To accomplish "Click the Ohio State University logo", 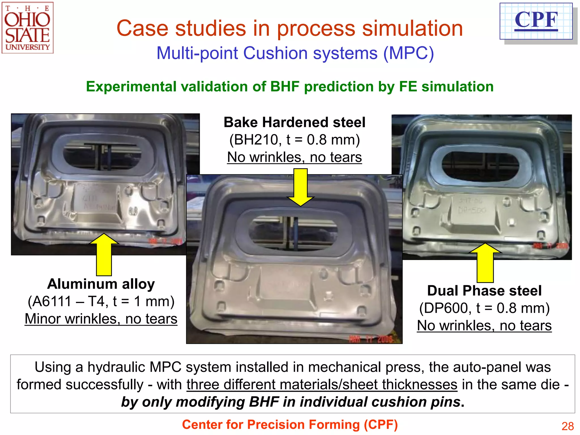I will click(27, 28).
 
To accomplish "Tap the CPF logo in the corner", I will click(536, 21).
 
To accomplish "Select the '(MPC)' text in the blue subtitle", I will click(408, 53).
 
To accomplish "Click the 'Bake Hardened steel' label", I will click(294, 122).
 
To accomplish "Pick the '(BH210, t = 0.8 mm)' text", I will click(294, 140).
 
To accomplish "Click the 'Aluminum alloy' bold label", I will click(101, 284).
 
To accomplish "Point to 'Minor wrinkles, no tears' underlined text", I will click(101, 319).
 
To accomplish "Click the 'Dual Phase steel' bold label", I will click(484, 291).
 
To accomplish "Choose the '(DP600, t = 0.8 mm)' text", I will click(484, 308).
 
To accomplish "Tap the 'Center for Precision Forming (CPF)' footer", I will click(290, 425).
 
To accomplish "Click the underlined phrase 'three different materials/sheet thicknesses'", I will click(322, 385).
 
